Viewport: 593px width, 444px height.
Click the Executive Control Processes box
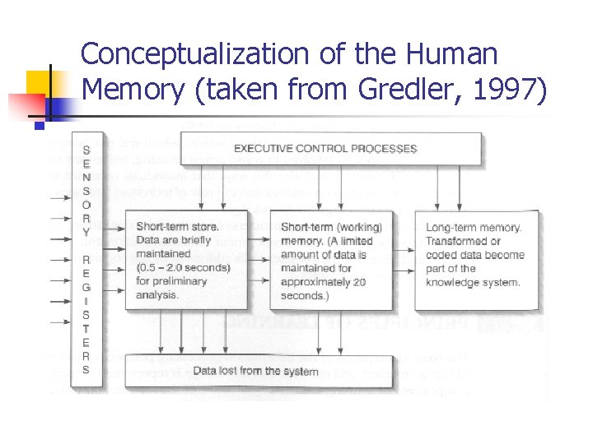point(325,149)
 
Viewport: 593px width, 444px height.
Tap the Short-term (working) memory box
point(331,261)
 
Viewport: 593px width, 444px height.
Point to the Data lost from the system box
point(255,371)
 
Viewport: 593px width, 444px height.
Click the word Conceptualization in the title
point(196,55)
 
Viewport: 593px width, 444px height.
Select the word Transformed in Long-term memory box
point(455,241)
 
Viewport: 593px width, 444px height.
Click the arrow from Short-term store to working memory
point(259,247)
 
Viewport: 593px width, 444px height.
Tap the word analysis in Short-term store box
point(156,294)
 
